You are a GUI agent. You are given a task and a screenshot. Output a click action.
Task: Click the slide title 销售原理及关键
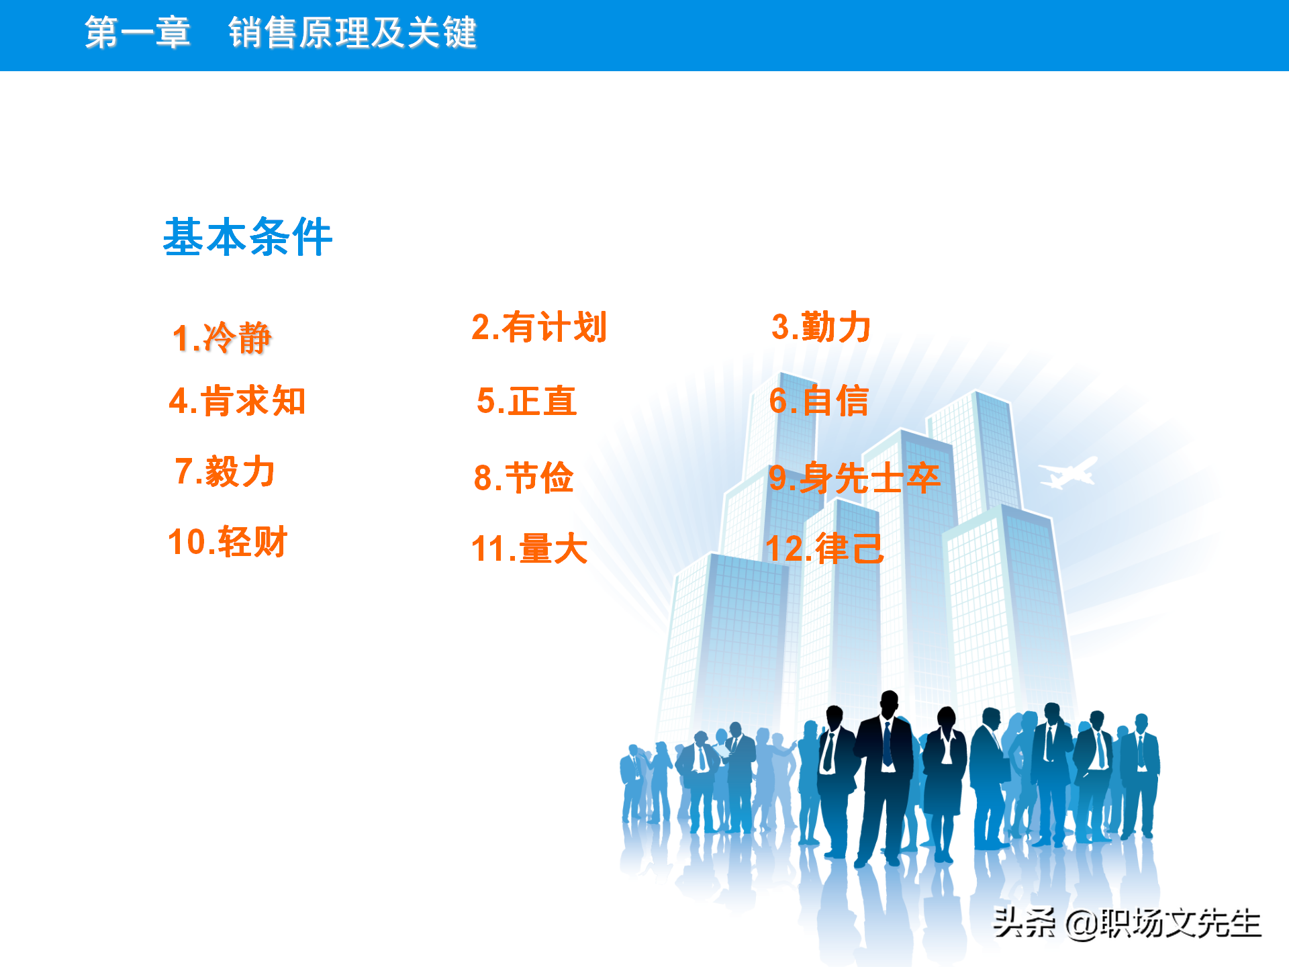tap(352, 32)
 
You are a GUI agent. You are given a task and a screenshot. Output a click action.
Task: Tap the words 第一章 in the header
tap(138, 32)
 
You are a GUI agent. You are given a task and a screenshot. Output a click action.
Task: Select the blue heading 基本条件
tap(248, 237)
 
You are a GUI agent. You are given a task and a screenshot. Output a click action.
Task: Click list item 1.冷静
tap(222, 337)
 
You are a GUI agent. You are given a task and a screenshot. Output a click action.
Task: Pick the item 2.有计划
tap(539, 327)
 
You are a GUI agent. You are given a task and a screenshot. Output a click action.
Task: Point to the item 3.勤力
tap(821, 327)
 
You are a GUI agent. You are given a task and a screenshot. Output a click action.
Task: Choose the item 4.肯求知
tap(238, 401)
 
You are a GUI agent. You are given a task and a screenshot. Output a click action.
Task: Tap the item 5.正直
tap(527, 401)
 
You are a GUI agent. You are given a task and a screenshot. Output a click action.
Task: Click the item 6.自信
tap(819, 401)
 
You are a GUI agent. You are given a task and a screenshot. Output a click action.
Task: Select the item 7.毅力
tap(225, 471)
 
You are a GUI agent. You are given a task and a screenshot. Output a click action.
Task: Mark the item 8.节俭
tap(524, 477)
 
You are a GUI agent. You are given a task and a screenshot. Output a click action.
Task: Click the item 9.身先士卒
tap(855, 477)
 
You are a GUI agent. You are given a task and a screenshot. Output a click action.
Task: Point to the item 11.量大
tap(530, 549)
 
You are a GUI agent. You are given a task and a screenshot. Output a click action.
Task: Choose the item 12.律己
tap(824, 549)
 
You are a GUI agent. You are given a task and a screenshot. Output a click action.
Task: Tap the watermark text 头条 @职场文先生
tap(1127, 923)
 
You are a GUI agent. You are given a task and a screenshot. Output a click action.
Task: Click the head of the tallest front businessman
tap(890, 703)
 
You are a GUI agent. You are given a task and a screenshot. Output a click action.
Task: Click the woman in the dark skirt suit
tap(945, 772)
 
